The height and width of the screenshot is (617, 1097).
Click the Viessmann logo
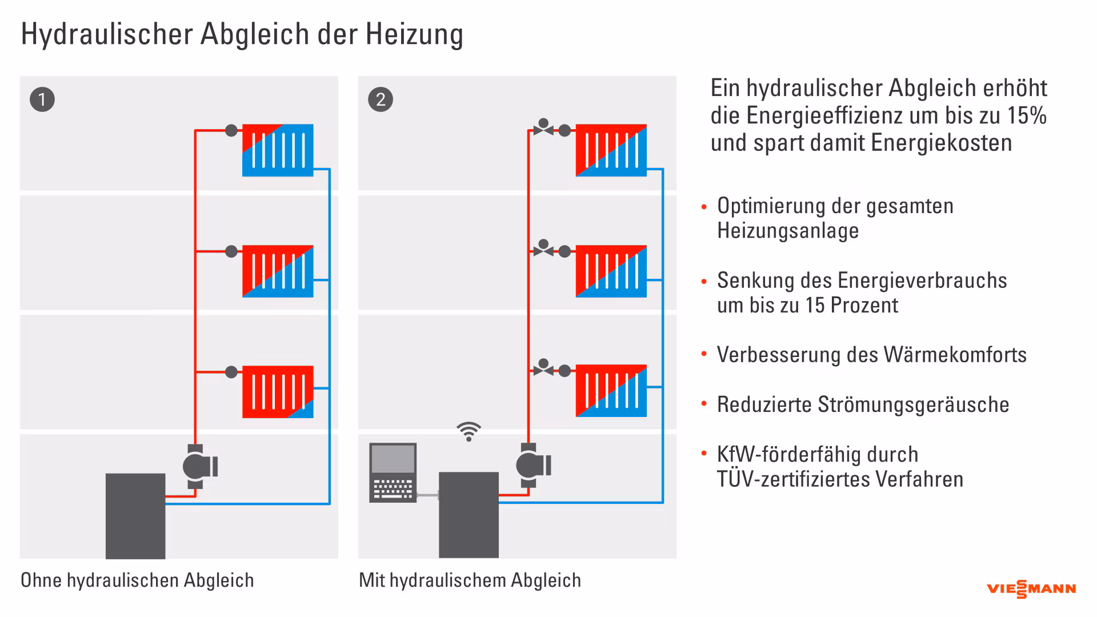pyautogui.click(x=1031, y=589)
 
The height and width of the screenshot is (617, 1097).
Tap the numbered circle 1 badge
pyautogui.click(x=42, y=100)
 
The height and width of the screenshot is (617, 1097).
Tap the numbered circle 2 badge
pyautogui.click(x=381, y=100)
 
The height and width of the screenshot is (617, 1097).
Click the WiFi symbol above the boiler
pyautogui.click(x=469, y=432)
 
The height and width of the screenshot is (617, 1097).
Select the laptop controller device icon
pyautogui.click(x=393, y=472)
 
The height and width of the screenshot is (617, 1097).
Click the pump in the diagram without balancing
pyautogui.click(x=198, y=467)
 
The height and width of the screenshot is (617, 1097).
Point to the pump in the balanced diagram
pyautogui.click(x=532, y=466)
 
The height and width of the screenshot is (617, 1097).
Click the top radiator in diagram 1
pyautogui.click(x=278, y=150)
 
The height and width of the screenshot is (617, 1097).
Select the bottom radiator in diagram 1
pyautogui.click(x=278, y=392)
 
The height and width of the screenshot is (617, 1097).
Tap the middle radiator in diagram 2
pyautogui.click(x=611, y=271)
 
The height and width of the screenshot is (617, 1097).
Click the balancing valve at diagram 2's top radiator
pyautogui.click(x=543, y=128)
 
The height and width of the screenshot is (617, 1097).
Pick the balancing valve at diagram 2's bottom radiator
pyautogui.click(x=543, y=368)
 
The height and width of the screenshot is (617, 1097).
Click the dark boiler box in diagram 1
pyautogui.click(x=135, y=515)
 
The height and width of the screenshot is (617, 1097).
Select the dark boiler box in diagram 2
pyautogui.click(x=469, y=514)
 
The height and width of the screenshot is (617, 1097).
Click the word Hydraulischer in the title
pyautogui.click(x=107, y=34)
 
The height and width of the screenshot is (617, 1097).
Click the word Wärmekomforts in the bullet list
pyautogui.click(x=955, y=355)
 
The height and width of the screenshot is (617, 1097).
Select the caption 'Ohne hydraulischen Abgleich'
pyautogui.click(x=137, y=580)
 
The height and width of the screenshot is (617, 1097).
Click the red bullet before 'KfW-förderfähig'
pyautogui.click(x=704, y=454)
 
